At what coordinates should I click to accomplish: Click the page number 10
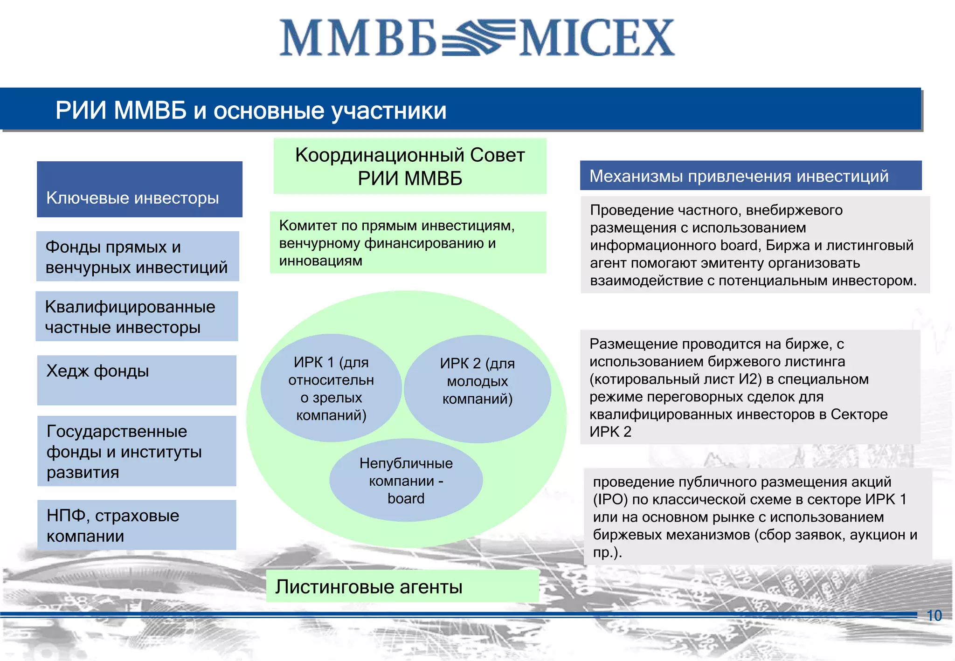click(934, 615)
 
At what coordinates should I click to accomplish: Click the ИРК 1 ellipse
click(331, 388)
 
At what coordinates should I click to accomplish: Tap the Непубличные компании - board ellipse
click(406, 481)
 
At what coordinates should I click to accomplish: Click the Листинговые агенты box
click(402, 586)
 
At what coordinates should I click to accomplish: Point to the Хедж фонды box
click(137, 380)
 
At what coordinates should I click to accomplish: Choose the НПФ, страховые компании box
click(137, 525)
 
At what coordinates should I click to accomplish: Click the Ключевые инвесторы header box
click(139, 189)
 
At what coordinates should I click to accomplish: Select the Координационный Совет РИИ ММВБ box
click(409, 166)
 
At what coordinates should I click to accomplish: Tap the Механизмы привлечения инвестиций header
click(750, 176)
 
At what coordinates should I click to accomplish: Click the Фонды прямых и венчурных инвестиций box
click(138, 256)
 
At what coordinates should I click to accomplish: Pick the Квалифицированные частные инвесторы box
click(137, 317)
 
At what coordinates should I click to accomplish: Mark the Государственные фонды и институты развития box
click(137, 451)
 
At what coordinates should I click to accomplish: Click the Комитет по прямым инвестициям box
click(408, 242)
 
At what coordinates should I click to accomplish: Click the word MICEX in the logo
click(597, 38)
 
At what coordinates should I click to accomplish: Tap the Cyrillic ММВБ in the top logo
click(358, 38)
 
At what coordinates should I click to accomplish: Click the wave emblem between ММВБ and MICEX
click(478, 37)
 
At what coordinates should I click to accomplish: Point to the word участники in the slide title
click(389, 110)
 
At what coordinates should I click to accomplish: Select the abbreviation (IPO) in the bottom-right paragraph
click(610, 499)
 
